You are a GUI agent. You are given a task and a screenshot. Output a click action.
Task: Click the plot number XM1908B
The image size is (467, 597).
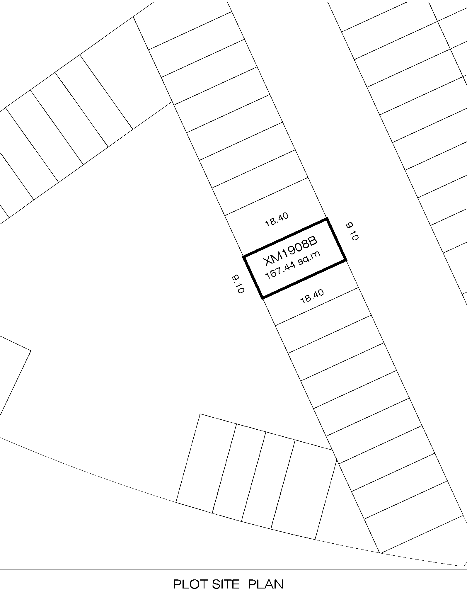(290, 251)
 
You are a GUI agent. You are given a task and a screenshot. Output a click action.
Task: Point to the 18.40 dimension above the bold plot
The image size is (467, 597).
(277, 220)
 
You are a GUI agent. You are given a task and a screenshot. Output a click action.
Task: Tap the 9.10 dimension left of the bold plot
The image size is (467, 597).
(238, 284)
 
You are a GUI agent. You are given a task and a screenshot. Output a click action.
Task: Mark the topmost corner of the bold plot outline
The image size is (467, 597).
(327, 219)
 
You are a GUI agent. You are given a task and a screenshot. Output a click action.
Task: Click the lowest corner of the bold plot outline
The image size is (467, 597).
(263, 298)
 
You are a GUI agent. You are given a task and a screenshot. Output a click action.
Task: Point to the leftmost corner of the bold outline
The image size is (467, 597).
(243, 257)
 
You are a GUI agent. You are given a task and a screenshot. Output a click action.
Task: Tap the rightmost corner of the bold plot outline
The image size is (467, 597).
(346, 260)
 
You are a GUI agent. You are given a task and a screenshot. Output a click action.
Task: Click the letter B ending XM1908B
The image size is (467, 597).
(313, 241)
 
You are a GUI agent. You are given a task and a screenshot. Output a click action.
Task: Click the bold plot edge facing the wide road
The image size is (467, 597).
(336, 239)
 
